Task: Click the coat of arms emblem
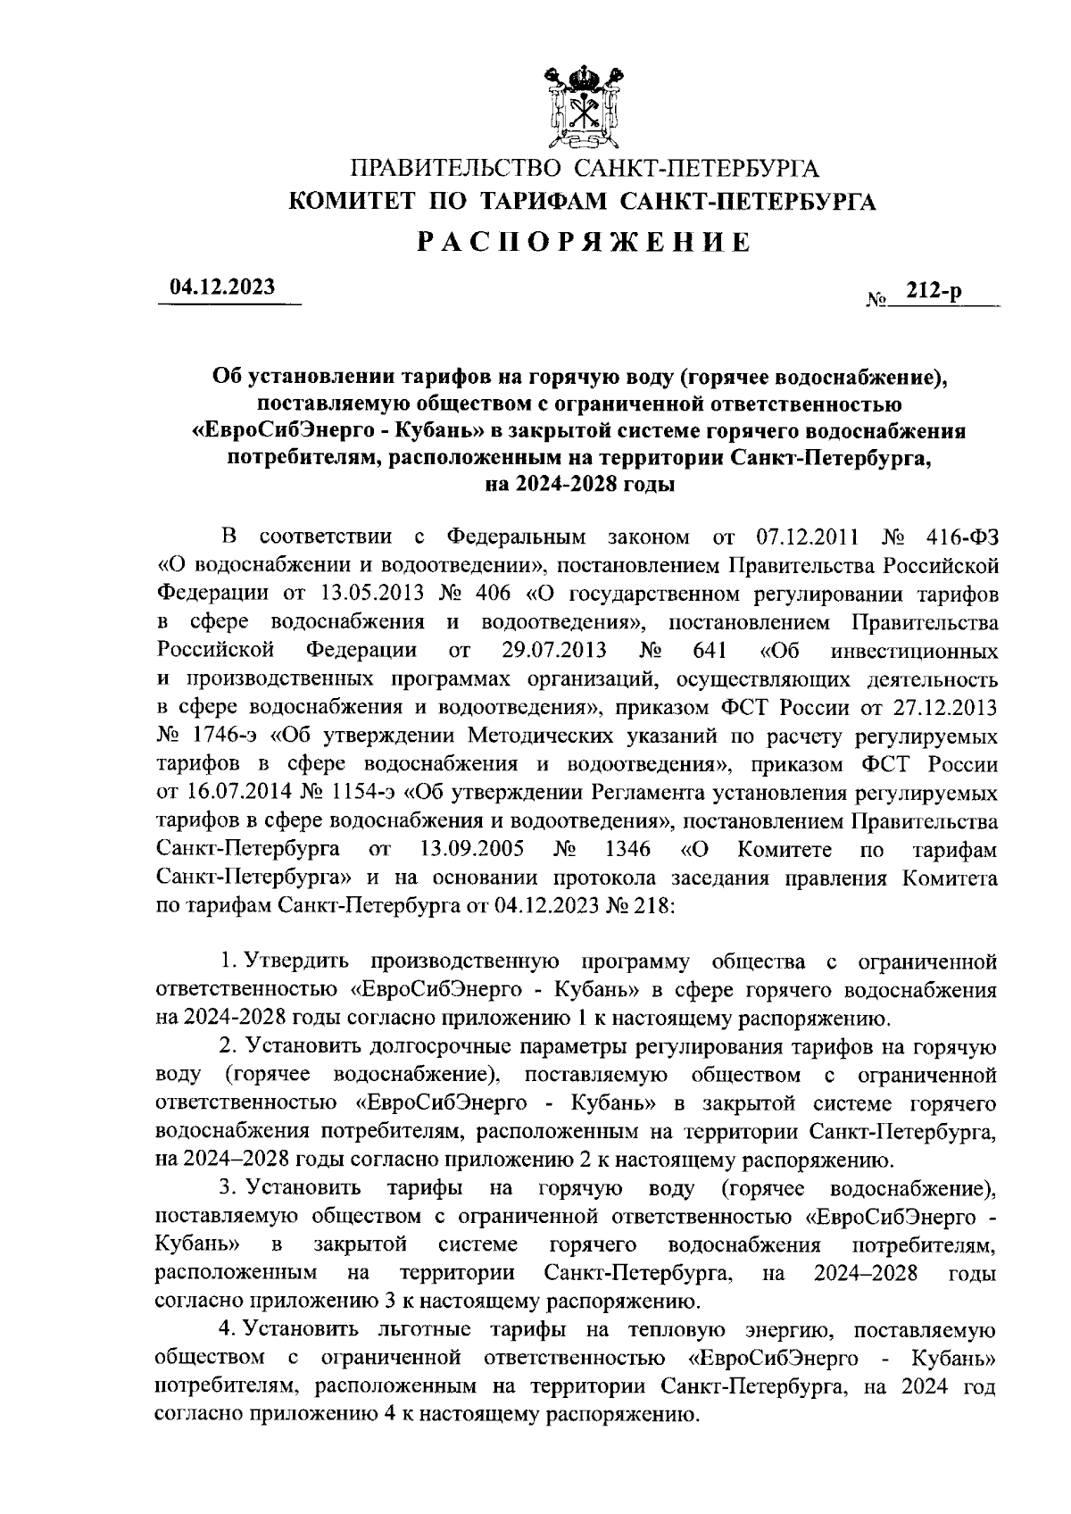tap(582, 106)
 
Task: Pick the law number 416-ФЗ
tap(960, 537)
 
